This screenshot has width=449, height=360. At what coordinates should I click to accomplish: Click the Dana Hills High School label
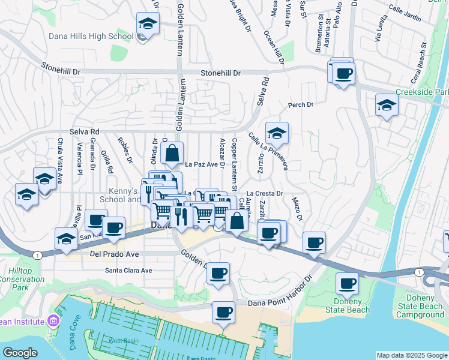point(90,36)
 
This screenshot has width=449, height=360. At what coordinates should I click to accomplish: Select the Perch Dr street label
point(301,105)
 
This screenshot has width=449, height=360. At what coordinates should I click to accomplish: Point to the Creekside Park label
point(422,92)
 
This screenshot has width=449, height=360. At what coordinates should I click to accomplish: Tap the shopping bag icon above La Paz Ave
point(172,154)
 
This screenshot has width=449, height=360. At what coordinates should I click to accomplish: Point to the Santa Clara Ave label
point(128,270)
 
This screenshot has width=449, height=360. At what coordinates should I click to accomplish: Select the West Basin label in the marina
point(123,340)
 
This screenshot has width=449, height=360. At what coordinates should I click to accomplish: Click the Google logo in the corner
point(20,353)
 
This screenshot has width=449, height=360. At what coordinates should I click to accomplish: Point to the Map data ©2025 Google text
point(411,355)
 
